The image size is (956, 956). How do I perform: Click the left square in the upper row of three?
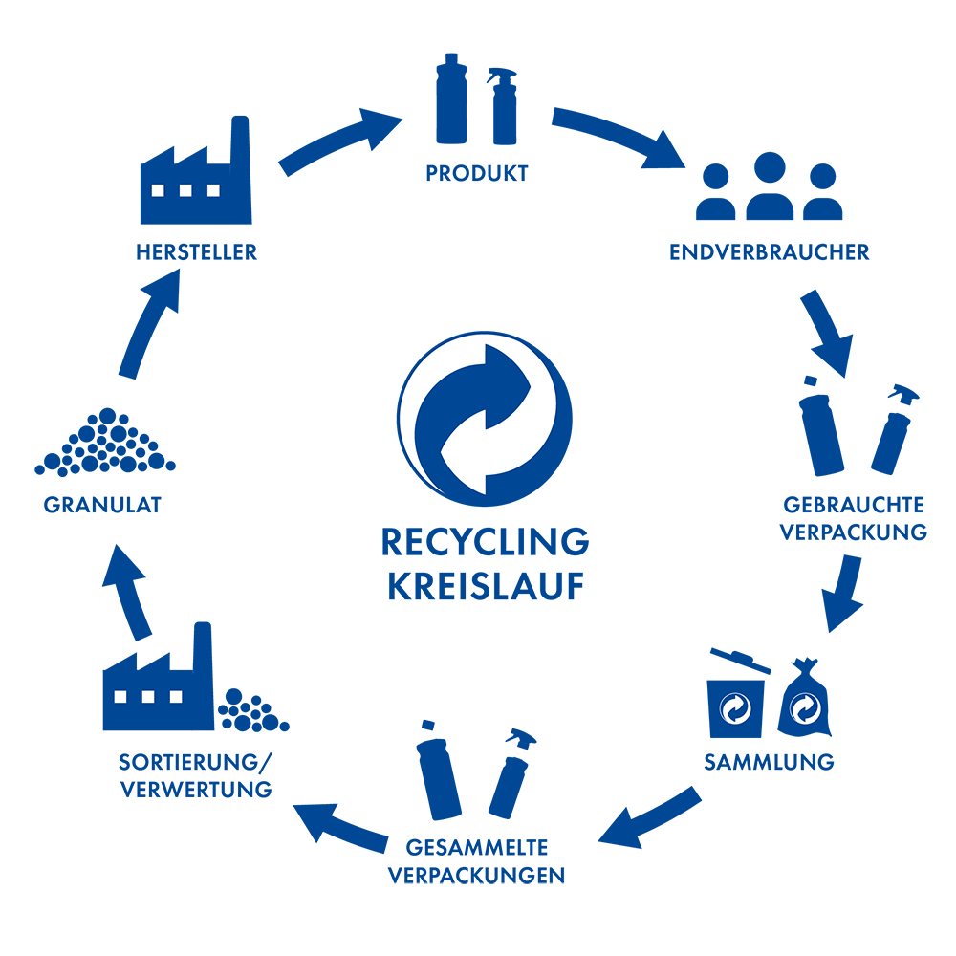pos(158,190)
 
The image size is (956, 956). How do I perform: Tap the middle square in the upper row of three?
pos(185,190)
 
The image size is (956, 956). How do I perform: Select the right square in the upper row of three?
pos(213,190)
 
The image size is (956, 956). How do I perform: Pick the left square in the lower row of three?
pos(120,696)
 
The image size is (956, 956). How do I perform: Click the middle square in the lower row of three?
pos(148,696)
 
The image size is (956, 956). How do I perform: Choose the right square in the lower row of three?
pos(176,696)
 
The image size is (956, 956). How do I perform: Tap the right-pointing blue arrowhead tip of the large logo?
pos(530,387)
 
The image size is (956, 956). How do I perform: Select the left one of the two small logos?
pos(735,709)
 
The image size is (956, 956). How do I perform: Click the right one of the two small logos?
pos(806,709)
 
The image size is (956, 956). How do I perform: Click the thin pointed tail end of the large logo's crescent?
pos(443,492)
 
